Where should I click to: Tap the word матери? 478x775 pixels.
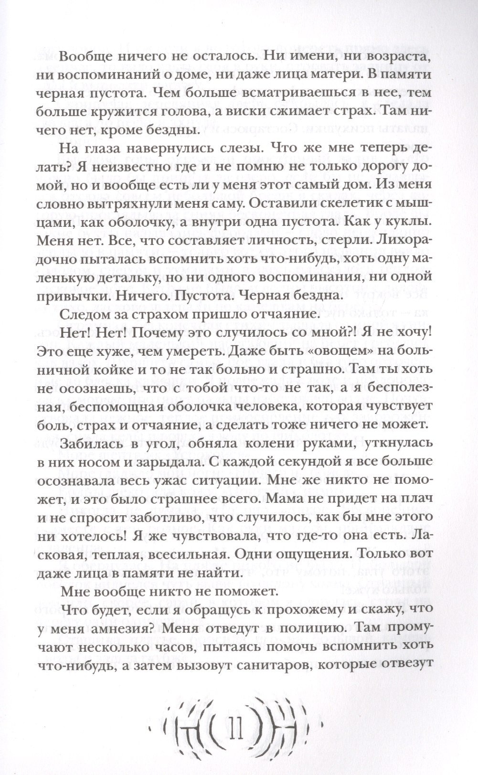(331, 76)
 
